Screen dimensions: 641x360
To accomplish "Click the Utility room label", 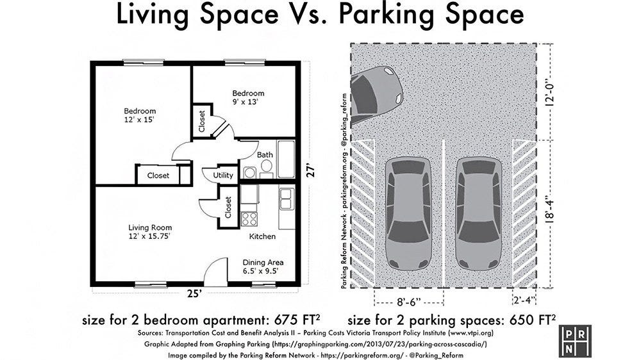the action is [223, 176].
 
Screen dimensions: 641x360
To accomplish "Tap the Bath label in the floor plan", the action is [265, 155].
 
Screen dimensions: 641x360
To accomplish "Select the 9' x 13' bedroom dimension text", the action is [246, 102].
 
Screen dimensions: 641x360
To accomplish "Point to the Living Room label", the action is [150, 227].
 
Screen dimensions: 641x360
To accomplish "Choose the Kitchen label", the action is [262, 236].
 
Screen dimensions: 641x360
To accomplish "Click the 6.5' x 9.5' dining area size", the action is [260, 271].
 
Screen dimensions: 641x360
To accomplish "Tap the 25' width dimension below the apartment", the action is [195, 294].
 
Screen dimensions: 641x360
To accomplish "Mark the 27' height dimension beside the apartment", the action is [312, 170].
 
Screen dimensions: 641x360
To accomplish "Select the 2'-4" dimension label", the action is [524, 300].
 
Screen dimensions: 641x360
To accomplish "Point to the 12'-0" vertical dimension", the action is [550, 92].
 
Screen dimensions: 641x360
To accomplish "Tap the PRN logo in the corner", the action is [575, 341].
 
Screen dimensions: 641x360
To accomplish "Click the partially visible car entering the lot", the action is [376, 95].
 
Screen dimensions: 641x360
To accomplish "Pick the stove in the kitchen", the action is [249, 218].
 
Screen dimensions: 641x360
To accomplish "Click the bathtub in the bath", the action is [286, 159].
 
